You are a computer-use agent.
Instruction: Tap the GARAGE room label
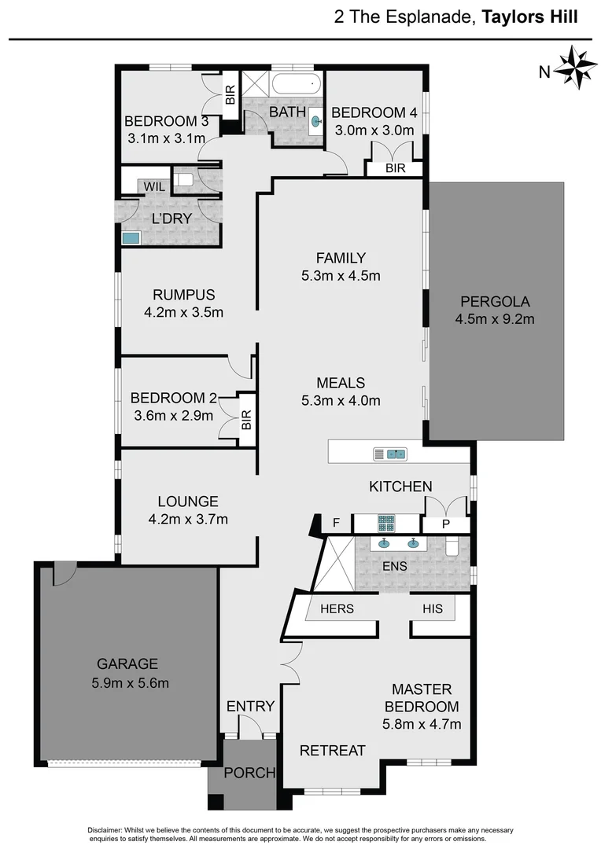pyautogui.click(x=127, y=663)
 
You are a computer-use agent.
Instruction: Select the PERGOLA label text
pyautogui.click(x=496, y=301)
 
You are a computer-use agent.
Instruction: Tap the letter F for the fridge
pyautogui.click(x=336, y=522)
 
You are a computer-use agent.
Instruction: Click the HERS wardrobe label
pyautogui.click(x=337, y=608)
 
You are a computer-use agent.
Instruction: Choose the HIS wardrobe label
pyautogui.click(x=433, y=608)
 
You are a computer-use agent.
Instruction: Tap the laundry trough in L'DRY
pyautogui.click(x=131, y=237)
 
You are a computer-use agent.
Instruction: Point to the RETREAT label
pyautogui.click(x=333, y=750)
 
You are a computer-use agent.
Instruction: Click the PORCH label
pyautogui.click(x=249, y=772)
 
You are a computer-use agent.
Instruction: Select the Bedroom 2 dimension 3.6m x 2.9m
pyautogui.click(x=171, y=415)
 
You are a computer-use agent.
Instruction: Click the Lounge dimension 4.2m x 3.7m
pyautogui.click(x=187, y=519)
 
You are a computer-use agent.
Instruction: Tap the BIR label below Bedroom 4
pyautogui.click(x=395, y=168)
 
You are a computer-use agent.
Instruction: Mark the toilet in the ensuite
pyautogui.click(x=454, y=547)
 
